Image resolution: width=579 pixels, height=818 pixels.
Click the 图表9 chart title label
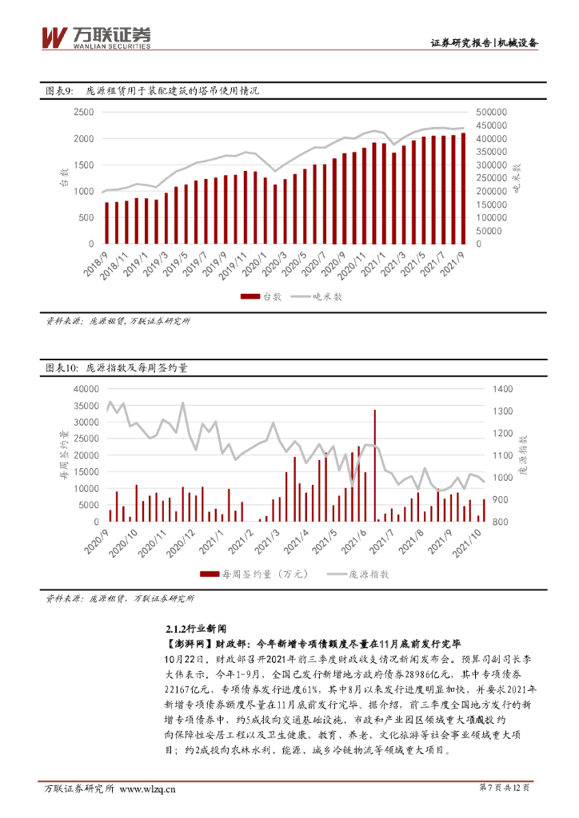(x=59, y=91)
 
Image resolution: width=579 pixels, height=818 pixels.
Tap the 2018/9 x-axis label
(x=96, y=262)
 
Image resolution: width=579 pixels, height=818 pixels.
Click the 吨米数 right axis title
(x=516, y=177)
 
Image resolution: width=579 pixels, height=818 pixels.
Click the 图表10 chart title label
(x=61, y=368)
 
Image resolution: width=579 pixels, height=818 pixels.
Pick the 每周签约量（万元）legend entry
(x=248, y=574)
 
